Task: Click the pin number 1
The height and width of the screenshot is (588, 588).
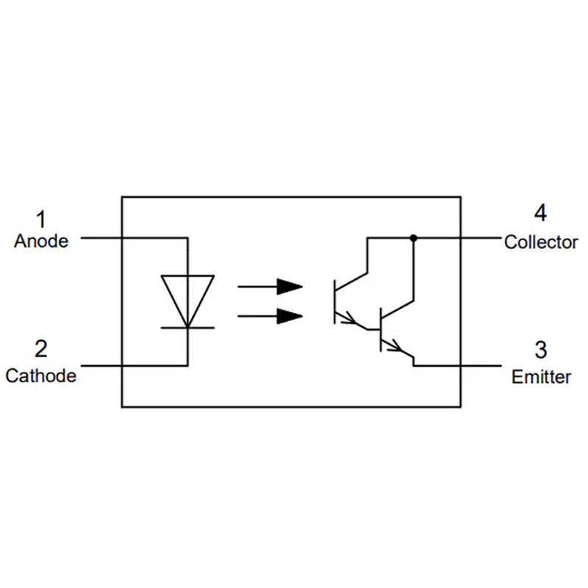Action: tap(41, 219)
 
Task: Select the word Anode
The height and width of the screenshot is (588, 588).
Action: tap(41, 241)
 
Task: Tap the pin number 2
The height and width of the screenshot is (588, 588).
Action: tap(41, 348)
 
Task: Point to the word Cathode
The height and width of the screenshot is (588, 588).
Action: tap(41, 376)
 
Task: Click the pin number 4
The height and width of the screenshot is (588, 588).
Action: tap(540, 213)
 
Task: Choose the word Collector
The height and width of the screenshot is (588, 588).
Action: tap(541, 243)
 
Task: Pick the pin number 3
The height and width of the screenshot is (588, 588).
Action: tap(540, 350)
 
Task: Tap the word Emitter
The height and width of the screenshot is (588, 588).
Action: tap(541, 377)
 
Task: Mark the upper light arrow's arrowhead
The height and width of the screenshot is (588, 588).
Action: tap(290, 287)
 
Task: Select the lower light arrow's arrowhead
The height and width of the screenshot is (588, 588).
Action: tap(290, 316)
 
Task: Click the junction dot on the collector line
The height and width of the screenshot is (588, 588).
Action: tap(413, 237)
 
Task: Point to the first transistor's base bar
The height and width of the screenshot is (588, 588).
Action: tap(335, 301)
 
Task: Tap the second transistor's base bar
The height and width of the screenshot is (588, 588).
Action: tap(381, 330)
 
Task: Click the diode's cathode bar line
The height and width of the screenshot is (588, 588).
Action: tap(187, 328)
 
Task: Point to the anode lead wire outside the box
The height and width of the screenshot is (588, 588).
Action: tap(101, 237)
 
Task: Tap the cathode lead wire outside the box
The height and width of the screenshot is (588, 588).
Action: tap(101, 365)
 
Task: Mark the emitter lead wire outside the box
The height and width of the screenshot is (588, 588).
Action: tap(481, 365)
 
